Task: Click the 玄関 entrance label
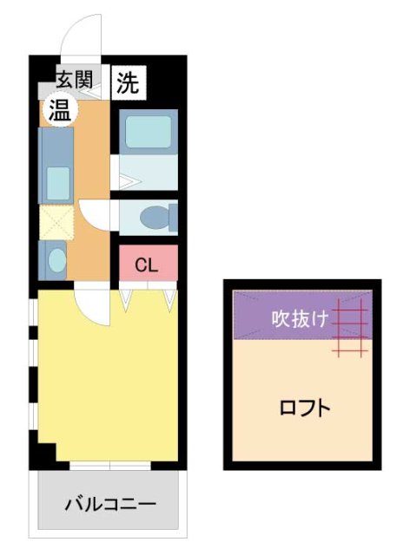[75, 81]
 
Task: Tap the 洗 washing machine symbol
[129, 82]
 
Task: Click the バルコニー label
[110, 504]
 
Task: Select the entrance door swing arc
[84, 35]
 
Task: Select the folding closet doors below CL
[148, 297]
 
